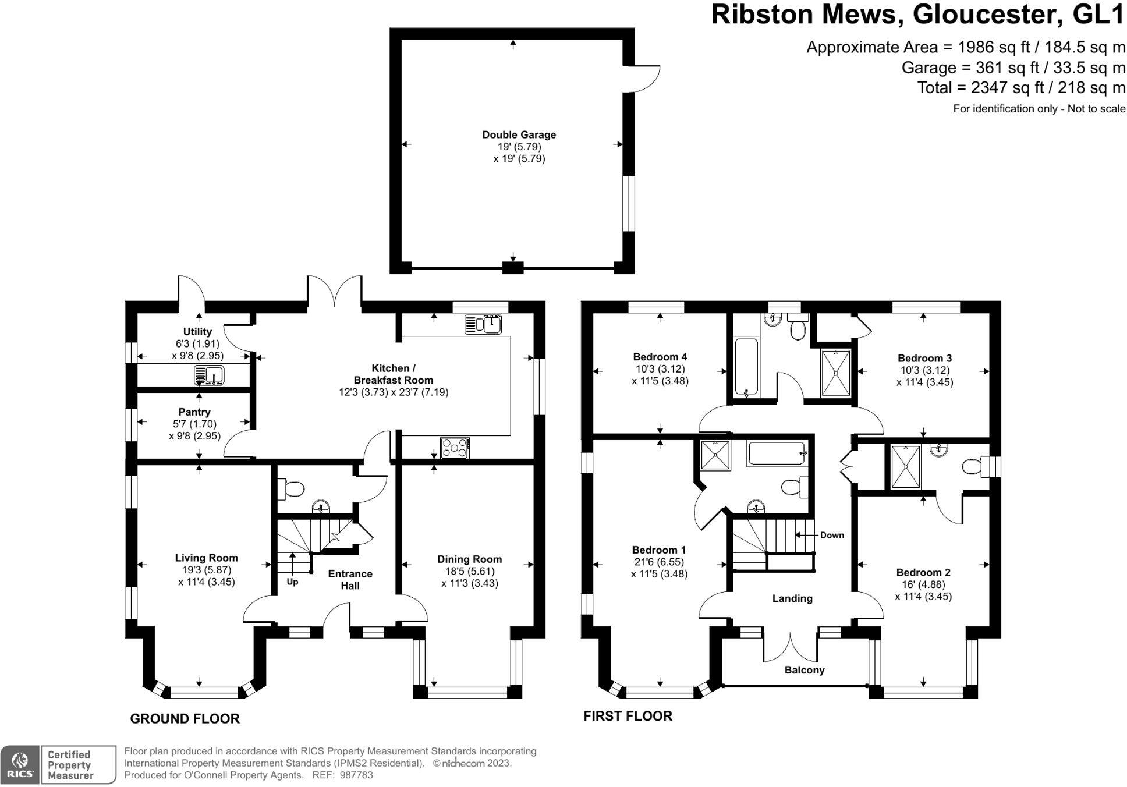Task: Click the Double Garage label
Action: [x=519, y=134]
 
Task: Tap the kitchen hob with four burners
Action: [x=455, y=448]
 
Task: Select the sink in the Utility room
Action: [x=209, y=375]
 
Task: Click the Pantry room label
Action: [x=194, y=412]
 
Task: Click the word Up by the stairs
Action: [x=292, y=582]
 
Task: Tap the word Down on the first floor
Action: [x=832, y=535]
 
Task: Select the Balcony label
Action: [x=804, y=670]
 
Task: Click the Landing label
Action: [x=792, y=598]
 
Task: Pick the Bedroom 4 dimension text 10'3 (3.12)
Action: [x=660, y=369]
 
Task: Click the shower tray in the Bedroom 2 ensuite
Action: [x=906, y=466]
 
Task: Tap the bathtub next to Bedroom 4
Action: [x=746, y=367]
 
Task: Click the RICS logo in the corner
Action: [x=20, y=764]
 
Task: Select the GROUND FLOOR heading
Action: [x=185, y=719]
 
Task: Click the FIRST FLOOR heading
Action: [x=628, y=716]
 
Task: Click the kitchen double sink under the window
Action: [x=483, y=324]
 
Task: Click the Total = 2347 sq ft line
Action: [x=1020, y=88]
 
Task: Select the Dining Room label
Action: [x=469, y=559]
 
